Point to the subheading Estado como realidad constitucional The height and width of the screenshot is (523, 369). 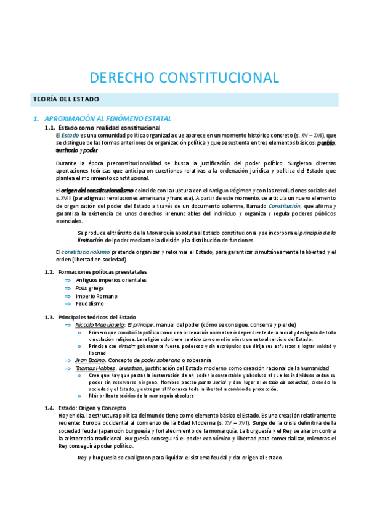109,127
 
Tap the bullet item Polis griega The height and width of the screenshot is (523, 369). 90,288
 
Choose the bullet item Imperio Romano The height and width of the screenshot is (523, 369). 95,296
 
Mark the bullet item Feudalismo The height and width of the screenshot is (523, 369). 89,304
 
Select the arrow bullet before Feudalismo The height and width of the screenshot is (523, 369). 68,304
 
